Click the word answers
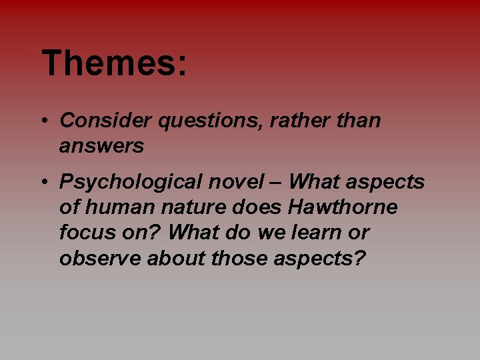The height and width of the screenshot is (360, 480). coord(101,146)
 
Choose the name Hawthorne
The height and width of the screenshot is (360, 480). coord(343,207)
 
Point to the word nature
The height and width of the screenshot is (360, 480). coord(194,208)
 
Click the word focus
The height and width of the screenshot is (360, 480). coord(86,233)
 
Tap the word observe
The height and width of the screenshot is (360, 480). coord(101,258)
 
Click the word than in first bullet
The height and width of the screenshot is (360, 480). coord(359,121)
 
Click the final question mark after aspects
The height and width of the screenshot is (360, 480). coord(360,258)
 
